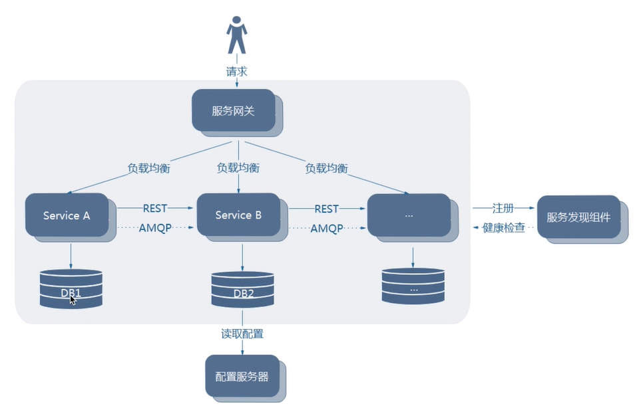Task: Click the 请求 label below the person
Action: [236, 71]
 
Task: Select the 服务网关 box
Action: [234, 110]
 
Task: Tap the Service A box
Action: [67, 215]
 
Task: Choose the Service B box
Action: [238, 215]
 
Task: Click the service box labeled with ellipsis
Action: [409, 215]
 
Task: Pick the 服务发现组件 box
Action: [578, 217]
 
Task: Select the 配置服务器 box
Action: [242, 376]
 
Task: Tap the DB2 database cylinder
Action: [242, 290]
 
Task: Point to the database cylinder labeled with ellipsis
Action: [413, 286]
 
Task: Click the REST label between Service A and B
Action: [156, 208]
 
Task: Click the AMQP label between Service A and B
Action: [156, 228]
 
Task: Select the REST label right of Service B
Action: [326, 209]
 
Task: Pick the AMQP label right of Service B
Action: [327, 228]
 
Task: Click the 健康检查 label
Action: [504, 228]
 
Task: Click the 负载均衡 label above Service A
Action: [149, 168]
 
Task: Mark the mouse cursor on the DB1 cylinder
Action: [73, 300]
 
